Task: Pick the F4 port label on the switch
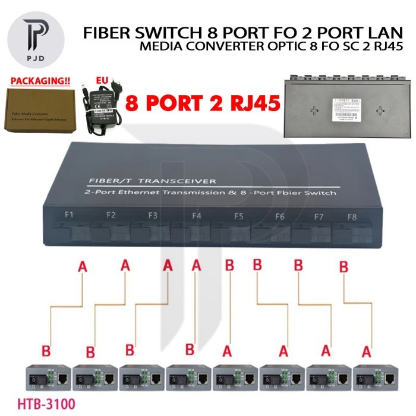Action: [197, 216]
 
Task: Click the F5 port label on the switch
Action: [239, 217]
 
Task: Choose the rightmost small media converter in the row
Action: [374, 376]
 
